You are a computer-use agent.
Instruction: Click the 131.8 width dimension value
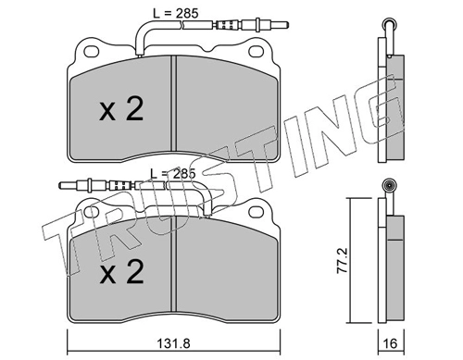click(x=173, y=343)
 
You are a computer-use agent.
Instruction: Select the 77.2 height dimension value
click(x=343, y=260)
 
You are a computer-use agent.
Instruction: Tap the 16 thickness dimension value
click(x=391, y=343)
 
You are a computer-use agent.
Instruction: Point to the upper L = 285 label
click(x=175, y=13)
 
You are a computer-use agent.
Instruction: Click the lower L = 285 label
click(x=173, y=174)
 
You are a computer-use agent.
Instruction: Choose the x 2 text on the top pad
click(x=121, y=109)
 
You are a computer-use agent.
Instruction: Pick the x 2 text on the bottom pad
click(x=121, y=271)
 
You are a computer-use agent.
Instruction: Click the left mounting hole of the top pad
click(x=92, y=52)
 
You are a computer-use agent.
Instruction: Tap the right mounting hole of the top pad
click(x=256, y=52)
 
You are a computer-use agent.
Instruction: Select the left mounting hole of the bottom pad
click(x=92, y=212)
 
